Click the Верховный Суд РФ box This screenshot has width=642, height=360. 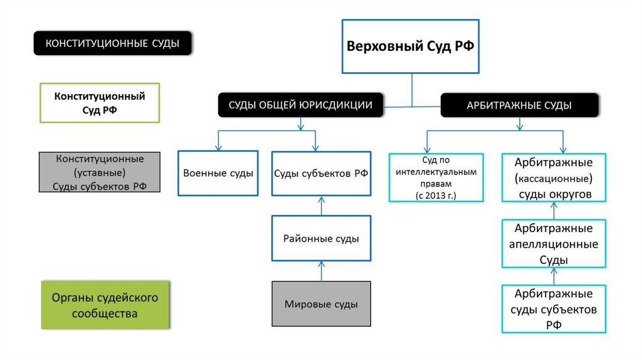coord(411,47)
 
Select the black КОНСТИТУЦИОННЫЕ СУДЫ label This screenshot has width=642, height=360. coord(112,43)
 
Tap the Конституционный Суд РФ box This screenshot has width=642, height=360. coord(100,102)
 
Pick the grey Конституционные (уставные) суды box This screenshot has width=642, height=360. coord(99,172)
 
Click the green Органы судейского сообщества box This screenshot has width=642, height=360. coord(105,305)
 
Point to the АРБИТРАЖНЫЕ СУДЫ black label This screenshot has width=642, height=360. coord(519,105)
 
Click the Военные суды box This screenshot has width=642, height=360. coord(218,173)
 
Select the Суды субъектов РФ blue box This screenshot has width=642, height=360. coord(321,174)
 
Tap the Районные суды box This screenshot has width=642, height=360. coord(321,238)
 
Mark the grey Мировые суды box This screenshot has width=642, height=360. coord(321,304)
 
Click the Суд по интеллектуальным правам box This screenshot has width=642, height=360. coord(436,177)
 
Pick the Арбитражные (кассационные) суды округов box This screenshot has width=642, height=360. coord(554,178)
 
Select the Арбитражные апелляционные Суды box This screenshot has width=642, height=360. coord(554,243)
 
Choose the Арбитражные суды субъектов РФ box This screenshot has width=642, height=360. coord(554,309)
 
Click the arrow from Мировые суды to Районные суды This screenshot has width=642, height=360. coord(321,271)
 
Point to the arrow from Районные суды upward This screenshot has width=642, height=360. coord(321,206)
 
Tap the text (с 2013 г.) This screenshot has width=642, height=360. coord(436,196)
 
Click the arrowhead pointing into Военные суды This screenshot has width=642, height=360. coord(218,147)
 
